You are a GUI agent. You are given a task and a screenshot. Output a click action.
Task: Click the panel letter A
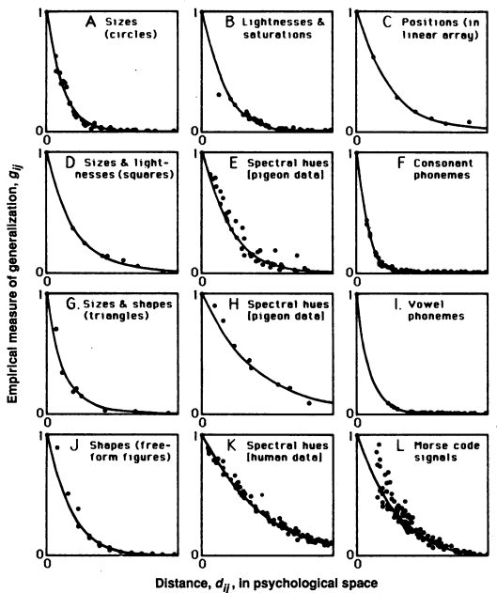tap(91, 17)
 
